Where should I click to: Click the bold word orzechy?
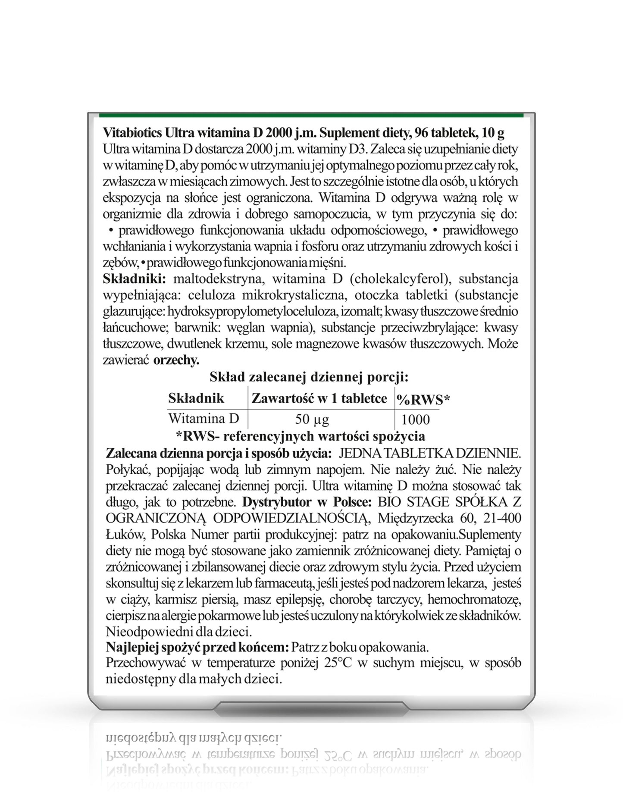tap(176, 360)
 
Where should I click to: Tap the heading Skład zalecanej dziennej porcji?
tap(309, 377)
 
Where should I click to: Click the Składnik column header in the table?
tap(196, 398)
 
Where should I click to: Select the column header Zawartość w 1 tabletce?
tap(319, 398)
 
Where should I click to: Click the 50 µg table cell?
tap(312, 419)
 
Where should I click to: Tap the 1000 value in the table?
tap(416, 419)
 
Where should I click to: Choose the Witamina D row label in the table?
tap(203, 418)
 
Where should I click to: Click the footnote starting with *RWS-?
tap(300, 436)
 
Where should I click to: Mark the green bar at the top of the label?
tap(311, 116)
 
